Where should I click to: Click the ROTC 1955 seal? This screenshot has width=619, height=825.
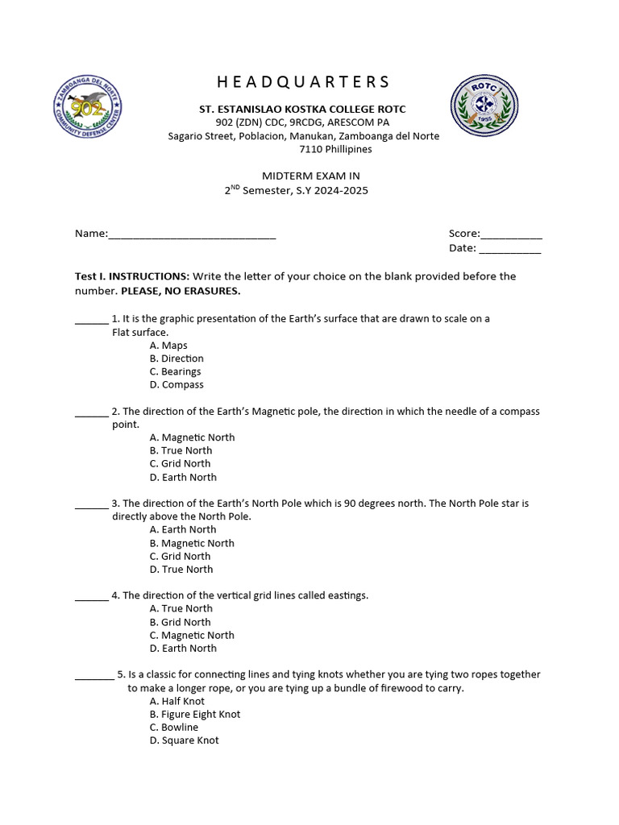[484, 106]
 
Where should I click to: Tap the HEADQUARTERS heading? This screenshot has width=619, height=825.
[303, 81]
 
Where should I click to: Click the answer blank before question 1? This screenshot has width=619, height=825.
[91, 321]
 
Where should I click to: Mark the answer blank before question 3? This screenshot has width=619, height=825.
[91, 506]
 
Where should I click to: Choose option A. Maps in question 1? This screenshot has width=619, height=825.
[168, 346]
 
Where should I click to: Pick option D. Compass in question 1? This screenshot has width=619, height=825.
[177, 385]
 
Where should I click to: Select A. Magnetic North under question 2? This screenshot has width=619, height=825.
[192, 437]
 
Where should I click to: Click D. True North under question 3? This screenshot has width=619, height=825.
[181, 570]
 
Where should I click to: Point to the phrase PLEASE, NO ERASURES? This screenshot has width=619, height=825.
[181, 290]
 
